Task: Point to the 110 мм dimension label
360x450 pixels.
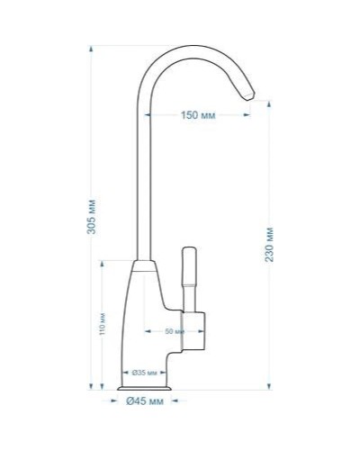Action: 103,323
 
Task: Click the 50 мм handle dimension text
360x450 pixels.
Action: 175,332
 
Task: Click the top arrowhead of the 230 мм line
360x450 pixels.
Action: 270,103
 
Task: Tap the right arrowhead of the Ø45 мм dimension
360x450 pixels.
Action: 177,392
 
